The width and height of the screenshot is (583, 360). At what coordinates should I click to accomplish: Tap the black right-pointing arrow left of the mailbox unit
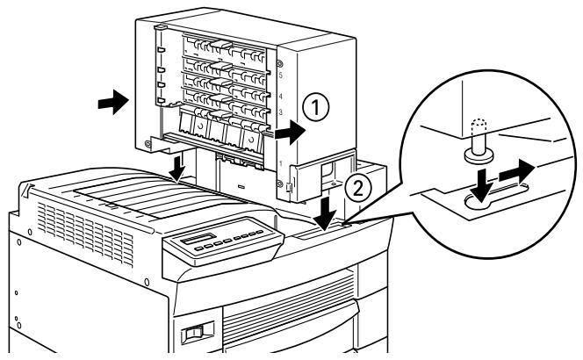pyautogui.click(x=111, y=104)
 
